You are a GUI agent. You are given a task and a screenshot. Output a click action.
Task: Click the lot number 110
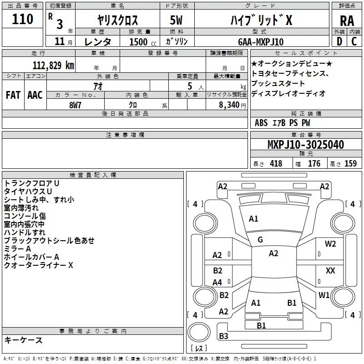(23, 19)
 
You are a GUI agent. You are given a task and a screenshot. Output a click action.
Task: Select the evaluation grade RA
(347, 21)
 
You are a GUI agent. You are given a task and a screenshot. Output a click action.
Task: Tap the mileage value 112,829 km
(53, 65)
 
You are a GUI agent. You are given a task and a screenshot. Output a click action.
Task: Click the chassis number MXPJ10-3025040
(305, 145)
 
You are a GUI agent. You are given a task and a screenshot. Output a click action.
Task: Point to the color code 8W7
(76, 105)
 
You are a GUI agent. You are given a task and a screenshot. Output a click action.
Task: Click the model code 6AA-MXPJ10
(261, 42)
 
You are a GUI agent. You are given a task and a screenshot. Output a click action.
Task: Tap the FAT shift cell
(13, 95)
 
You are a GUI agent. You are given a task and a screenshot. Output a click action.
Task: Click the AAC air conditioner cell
(35, 95)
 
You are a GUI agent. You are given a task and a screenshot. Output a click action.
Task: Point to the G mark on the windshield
(260, 240)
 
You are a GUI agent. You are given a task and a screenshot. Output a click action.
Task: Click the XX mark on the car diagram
(330, 271)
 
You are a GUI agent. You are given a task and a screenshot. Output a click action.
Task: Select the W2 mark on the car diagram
(330, 244)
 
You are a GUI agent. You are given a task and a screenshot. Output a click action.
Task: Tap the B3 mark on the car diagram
(223, 336)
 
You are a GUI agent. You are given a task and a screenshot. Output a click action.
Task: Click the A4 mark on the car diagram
(217, 283)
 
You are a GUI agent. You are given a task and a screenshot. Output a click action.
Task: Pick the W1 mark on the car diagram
(324, 295)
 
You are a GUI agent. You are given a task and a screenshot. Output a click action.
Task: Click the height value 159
(350, 164)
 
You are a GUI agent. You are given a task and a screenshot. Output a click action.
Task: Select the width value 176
(314, 164)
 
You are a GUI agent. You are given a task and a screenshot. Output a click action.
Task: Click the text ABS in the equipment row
(261, 123)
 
